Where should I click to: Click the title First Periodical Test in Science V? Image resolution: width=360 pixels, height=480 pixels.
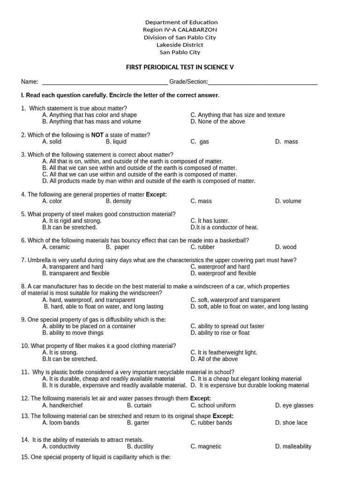(x=180, y=67)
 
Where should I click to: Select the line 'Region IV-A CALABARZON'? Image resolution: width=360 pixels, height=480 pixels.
(x=180, y=30)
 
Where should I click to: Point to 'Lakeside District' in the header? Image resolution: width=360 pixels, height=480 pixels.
(x=180, y=45)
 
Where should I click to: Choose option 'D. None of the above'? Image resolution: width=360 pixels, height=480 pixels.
(x=217, y=121)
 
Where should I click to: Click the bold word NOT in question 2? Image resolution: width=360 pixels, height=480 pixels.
(x=97, y=135)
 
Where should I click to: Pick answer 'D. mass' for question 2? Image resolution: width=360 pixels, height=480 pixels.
(x=286, y=142)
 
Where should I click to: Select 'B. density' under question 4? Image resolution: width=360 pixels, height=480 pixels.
(x=119, y=201)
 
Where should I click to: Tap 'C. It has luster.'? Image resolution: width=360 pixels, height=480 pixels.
(x=210, y=221)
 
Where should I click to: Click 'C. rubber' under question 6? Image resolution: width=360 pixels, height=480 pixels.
(x=202, y=247)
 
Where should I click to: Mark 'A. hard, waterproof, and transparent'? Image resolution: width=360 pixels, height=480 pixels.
(x=89, y=300)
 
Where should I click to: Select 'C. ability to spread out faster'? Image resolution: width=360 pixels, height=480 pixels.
(x=227, y=326)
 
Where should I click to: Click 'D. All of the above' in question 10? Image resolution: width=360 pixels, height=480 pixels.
(x=214, y=359)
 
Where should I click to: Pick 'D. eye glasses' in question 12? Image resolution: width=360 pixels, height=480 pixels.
(x=294, y=405)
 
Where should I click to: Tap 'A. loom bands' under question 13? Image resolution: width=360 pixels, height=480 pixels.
(x=60, y=422)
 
